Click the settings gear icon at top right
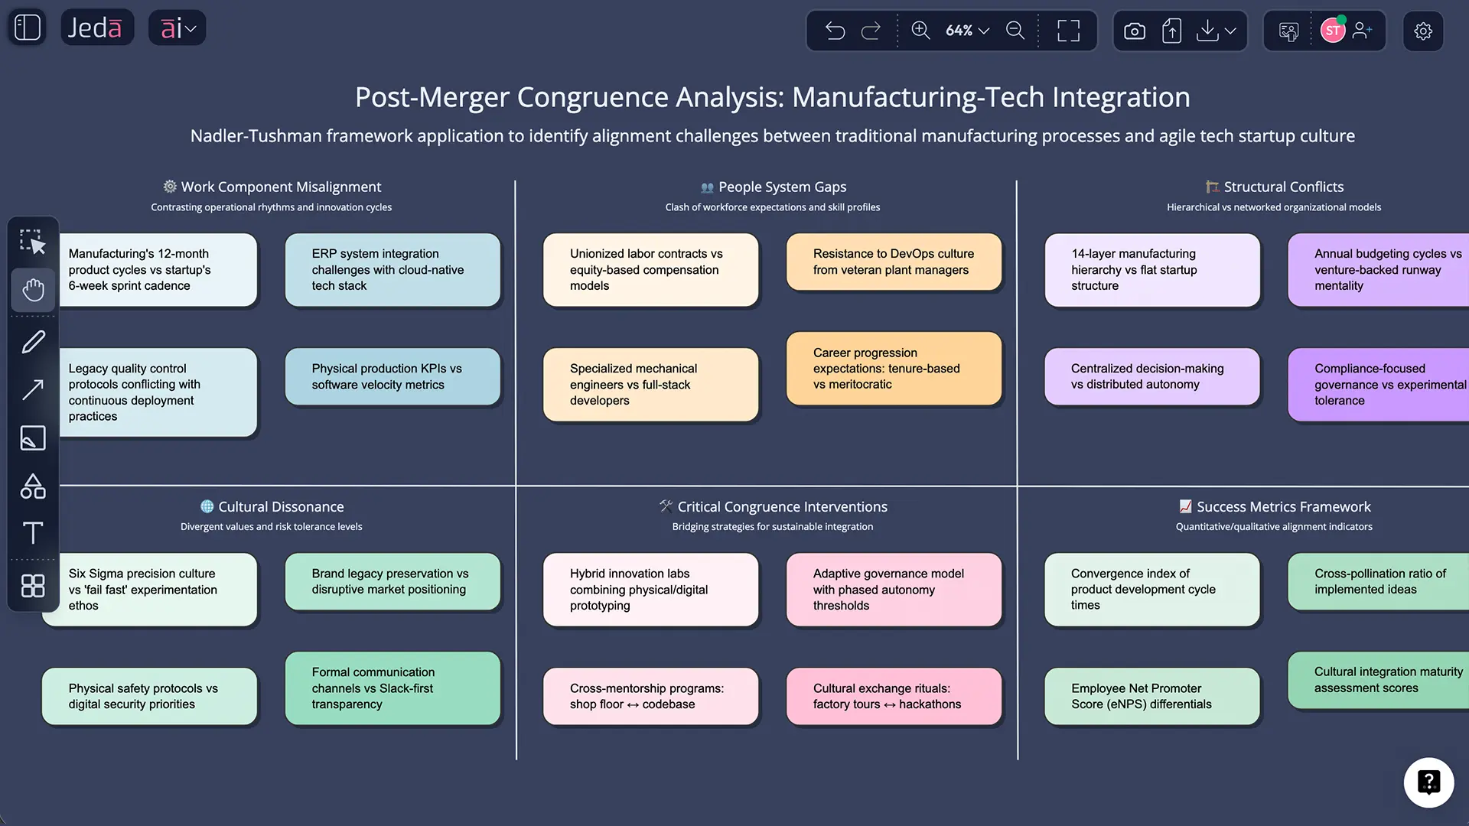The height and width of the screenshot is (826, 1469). click(1422, 31)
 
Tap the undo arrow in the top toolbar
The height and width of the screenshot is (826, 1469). click(835, 31)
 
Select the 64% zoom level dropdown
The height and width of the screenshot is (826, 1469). click(966, 31)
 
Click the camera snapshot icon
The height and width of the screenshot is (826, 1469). click(1134, 31)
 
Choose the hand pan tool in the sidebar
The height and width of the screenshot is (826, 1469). click(33, 290)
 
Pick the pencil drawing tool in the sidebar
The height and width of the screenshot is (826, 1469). click(33, 342)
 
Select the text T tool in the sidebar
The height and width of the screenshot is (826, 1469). click(33, 533)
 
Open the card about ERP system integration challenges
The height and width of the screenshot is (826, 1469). click(392, 270)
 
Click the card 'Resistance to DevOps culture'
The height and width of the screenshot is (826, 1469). click(894, 262)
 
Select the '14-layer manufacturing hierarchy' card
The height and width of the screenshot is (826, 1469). click(1151, 270)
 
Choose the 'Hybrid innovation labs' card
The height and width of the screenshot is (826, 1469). click(650, 590)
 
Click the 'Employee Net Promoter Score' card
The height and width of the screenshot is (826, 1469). click(1151, 696)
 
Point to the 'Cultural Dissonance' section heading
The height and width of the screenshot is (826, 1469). click(280, 507)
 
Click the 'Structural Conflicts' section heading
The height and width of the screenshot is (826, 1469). click(1282, 187)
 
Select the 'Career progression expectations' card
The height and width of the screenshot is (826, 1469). click(894, 369)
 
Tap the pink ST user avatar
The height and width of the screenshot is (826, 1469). click(1332, 31)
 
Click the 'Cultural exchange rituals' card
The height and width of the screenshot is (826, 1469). click(894, 696)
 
